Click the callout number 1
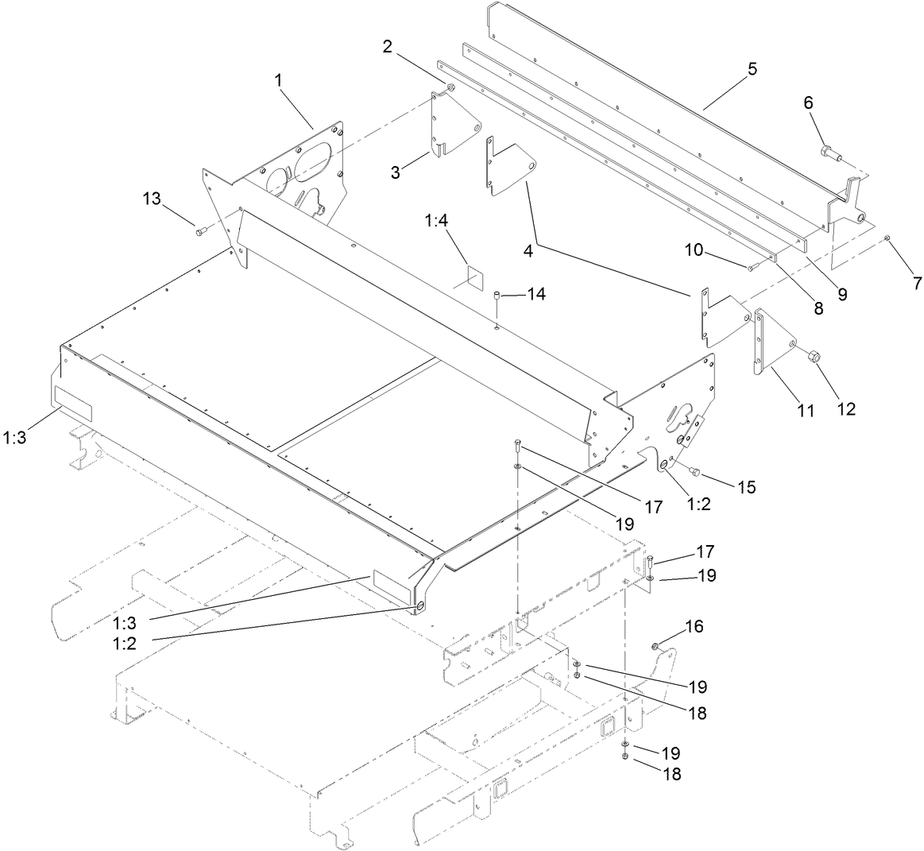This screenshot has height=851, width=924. [x=279, y=79]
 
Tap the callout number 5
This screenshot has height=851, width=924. [x=752, y=69]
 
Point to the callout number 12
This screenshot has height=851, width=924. [x=845, y=409]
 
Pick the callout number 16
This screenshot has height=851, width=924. [x=694, y=626]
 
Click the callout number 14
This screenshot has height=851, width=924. [x=537, y=294]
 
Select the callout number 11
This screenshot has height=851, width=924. [x=806, y=411]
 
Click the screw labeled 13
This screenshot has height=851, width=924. [x=199, y=231]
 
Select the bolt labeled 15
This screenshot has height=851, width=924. [x=694, y=472]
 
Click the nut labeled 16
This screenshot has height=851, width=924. [x=657, y=646]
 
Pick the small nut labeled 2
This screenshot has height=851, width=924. [x=450, y=87]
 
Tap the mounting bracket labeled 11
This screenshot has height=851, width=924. [x=771, y=342]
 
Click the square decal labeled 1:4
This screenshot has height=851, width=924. [x=474, y=277]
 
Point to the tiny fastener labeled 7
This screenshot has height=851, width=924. [x=887, y=238]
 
